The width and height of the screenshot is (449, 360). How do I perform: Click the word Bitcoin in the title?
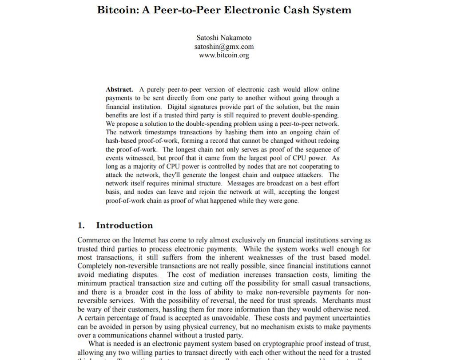click(x=117, y=10)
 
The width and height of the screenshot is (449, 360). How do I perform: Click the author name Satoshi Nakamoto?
click(x=224, y=38)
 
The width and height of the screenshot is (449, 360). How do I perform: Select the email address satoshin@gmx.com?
click(x=224, y=47)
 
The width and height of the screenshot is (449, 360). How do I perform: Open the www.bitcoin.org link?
click(x=224, y=55)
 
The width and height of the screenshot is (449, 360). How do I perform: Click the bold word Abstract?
click(x=119, y=89)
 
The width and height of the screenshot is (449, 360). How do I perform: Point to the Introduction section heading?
click(x=124, y=225)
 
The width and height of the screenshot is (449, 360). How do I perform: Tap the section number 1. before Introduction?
click(x=81, y=225)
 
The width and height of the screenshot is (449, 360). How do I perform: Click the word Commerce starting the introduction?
click(x=94, y=240)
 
